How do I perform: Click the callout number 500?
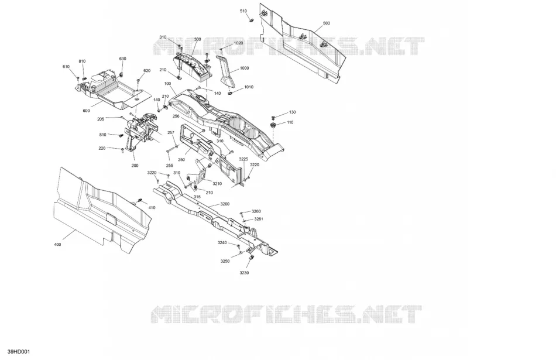click(x=326, y=23)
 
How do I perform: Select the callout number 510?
click(x=243, y=11)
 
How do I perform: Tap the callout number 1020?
click(x=238, y=43)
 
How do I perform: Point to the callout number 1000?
click(x=244, y=68)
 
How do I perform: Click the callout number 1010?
click(x=249, y=87)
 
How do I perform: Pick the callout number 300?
click(x=197, y=39)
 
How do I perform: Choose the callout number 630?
click(x=122, y=59)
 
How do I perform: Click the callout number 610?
click(x=66, y=67)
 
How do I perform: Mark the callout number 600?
click(x=86, y=111)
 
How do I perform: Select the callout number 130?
click(x=292, y=112)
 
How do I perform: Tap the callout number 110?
click(x=290, y=122)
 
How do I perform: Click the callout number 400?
click(x=57, y=244)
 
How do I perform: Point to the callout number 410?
click(x=152, y=208)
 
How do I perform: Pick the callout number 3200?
click(x=225, y=204)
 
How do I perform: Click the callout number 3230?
click(x=244, y=273)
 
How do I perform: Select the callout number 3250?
click(x=225, y=261)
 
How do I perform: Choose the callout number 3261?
click(x=259, y=219)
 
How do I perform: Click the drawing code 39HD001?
click(x=19, y=352)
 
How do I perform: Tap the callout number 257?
click(x=170, y=133)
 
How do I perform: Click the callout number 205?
click(x=101, y=119)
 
